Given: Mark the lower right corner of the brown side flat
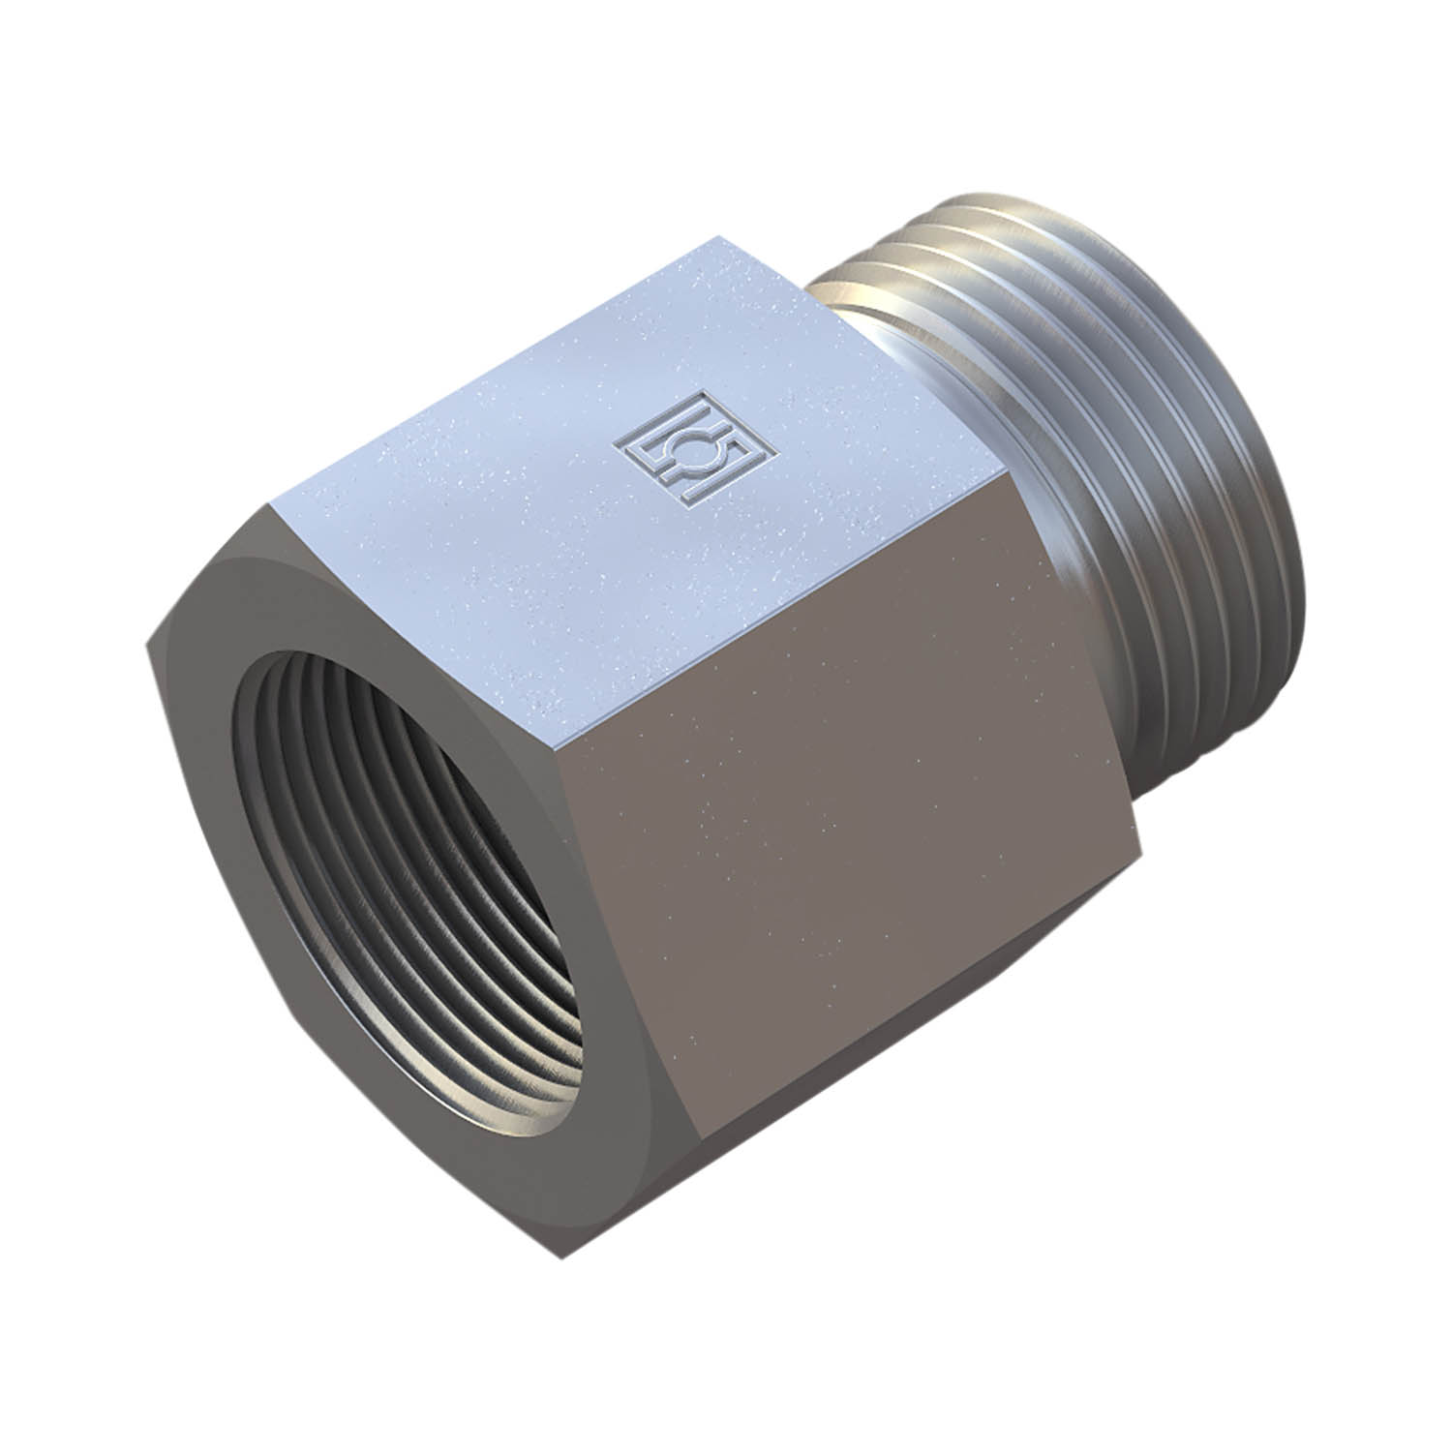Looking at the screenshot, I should click(1133, 832).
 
